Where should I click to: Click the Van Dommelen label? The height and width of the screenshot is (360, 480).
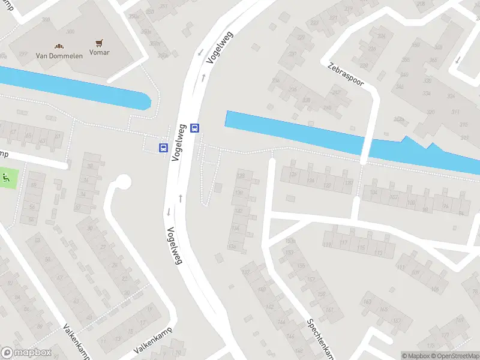58,56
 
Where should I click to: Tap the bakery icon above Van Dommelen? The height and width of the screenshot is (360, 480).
59,46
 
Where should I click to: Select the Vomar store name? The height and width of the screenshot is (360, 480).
99,53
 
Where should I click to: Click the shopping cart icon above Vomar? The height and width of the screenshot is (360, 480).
99,43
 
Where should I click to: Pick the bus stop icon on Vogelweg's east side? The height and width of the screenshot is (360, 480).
194,128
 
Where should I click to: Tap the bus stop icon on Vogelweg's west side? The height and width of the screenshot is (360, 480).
163,148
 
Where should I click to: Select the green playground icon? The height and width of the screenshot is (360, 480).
7,177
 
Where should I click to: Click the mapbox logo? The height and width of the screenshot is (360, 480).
25,353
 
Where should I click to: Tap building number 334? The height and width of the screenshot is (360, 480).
427,94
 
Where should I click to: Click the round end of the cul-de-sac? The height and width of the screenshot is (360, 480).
123,181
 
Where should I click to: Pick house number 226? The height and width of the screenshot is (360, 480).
293,90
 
